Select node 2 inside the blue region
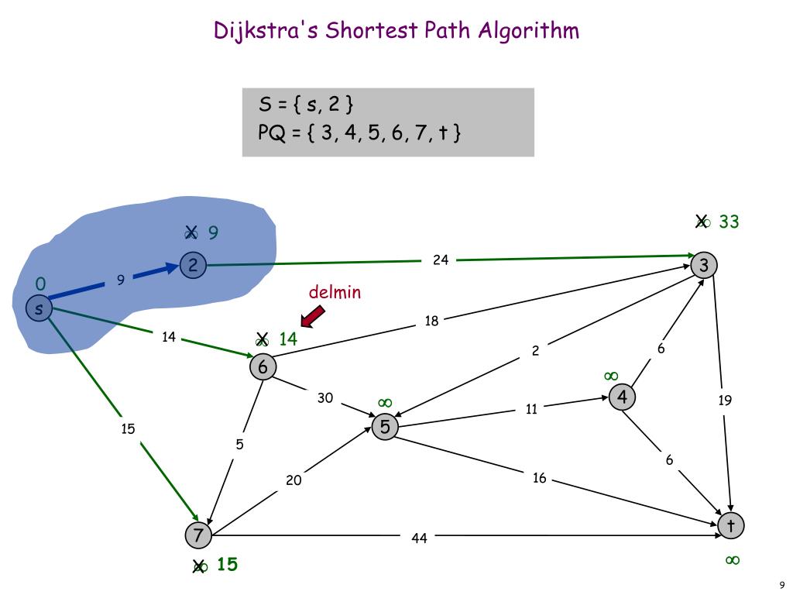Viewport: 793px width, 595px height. pos(192,266)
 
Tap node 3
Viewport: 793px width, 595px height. pos(704,266)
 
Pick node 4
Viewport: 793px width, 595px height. pos(622,397)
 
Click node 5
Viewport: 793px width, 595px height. pos(385,427)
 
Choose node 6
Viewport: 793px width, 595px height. pos(263,366)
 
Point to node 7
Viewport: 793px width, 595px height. pos(198,535)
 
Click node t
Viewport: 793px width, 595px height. pos(730,526)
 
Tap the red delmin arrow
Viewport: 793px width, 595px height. pos(312,316)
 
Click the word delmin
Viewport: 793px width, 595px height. pos(335,292)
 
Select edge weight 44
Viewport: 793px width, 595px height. pos(419,538)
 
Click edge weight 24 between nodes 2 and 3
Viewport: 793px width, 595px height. pos(441,260)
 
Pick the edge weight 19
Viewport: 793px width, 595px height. pos(725,401)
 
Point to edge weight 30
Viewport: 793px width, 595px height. pos(325,398)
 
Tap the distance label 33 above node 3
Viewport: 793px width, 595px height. pos(729,222)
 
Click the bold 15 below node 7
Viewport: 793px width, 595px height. pos(227,565)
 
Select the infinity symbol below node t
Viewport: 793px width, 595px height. pos(732,560)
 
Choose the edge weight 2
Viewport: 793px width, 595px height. pos(535,351)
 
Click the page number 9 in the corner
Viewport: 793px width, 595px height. pos(782,585)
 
